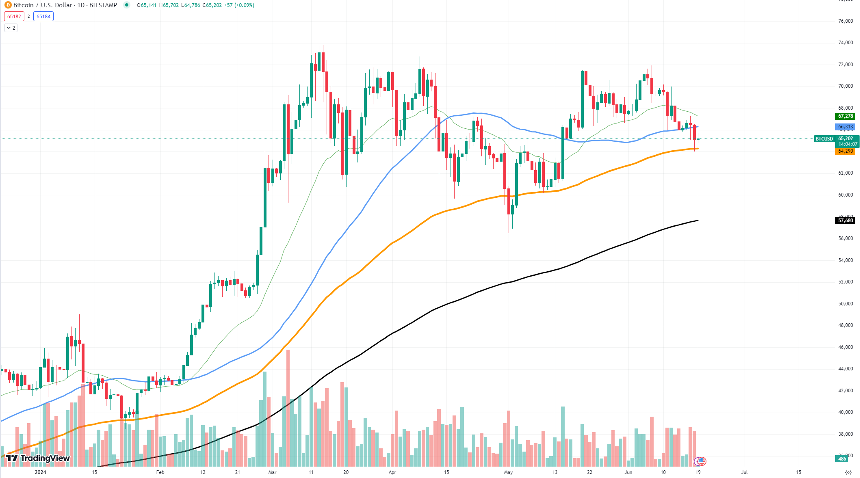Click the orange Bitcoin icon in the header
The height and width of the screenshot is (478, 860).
[8, 5]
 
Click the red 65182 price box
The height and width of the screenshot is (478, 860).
[14, 17]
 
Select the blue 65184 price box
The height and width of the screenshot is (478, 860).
[43, 17]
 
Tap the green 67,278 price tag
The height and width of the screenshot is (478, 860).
[845, 117]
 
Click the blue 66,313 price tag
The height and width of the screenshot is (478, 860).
[845, 127]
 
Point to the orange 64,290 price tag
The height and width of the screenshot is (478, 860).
[845, 151]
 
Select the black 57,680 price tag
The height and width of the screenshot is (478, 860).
[845, 221]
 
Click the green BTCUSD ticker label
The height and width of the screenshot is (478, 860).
[824, 139]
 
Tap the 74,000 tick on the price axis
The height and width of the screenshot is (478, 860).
[845, 43]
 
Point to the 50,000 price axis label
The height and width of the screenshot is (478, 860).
[845, 304]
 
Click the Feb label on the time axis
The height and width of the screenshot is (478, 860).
[160, 472]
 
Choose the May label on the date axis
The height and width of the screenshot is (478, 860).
[508, 472]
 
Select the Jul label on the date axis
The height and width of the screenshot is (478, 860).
[744, 472]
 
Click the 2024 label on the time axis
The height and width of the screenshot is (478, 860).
[40, 472]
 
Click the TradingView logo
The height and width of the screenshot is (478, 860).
[38, 459]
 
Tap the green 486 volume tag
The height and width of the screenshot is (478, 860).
[842, 459]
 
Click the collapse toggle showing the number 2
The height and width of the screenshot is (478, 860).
[11, 28]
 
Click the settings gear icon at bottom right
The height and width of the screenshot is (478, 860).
[848, 472]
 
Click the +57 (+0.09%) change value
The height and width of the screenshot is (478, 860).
[239, 5]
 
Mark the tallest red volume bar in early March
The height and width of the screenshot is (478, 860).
[288, 406]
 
